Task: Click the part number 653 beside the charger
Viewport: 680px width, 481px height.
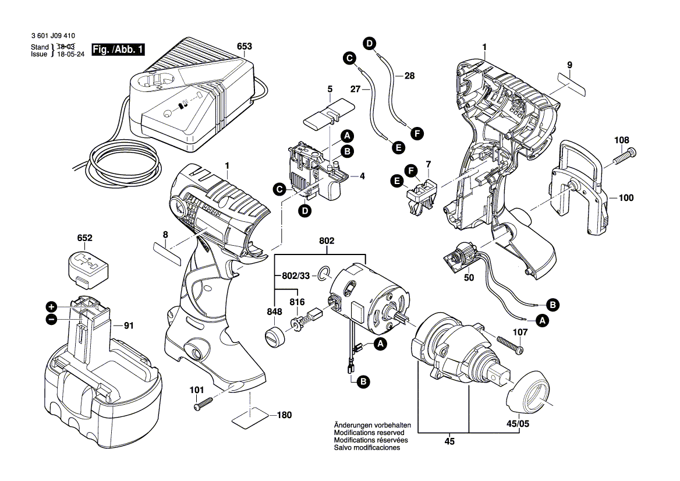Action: (245, 47)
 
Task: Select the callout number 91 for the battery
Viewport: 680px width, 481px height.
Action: (129, 327)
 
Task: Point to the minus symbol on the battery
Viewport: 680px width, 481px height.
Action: (51, 319)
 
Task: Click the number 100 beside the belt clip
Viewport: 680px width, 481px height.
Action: (625, 198)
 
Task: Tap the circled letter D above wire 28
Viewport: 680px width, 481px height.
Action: (369, 42)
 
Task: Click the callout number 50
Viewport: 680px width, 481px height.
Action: (469, 278)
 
